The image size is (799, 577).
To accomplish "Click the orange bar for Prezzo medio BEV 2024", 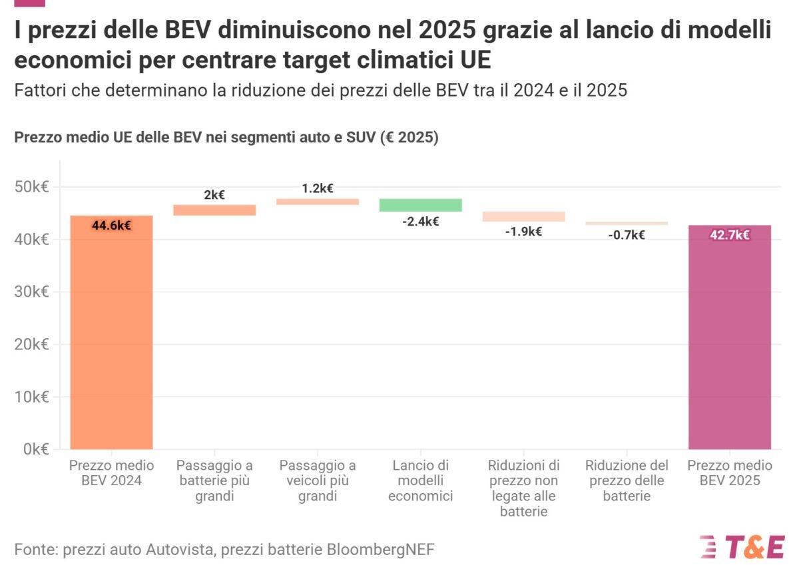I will pyautogui.click(x=111, y=333).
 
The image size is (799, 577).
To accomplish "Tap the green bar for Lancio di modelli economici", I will pyautogui.click(x=420, y=205).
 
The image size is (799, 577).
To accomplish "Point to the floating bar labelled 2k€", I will pyautogui.click(x=214, y=210).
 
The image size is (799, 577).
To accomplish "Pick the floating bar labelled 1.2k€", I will pyautogui.click(x=318, y=202).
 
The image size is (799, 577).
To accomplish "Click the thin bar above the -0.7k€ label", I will pyautogui.click(x=627, y=224).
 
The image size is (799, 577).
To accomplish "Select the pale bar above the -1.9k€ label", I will pyautogui.click(x=523, y=216).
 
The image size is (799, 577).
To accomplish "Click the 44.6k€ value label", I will pyautogui.click(x=111, y=226).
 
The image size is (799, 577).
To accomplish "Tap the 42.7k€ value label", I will pyautogui.click(x=729, y=235).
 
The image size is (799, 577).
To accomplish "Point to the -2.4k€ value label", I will pyautogui.click(x=420, y=222).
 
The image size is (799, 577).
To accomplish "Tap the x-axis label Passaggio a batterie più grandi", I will pyautogui.click(x=214, y=481).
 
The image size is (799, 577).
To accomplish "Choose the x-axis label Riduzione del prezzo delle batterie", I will pyautogui.click(x=627, y=481).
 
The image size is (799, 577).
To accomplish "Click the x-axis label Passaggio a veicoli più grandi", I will pyautogui.click(x=318, y=481).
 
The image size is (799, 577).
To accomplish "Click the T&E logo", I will pyautogui.click(x=742, y=546).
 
